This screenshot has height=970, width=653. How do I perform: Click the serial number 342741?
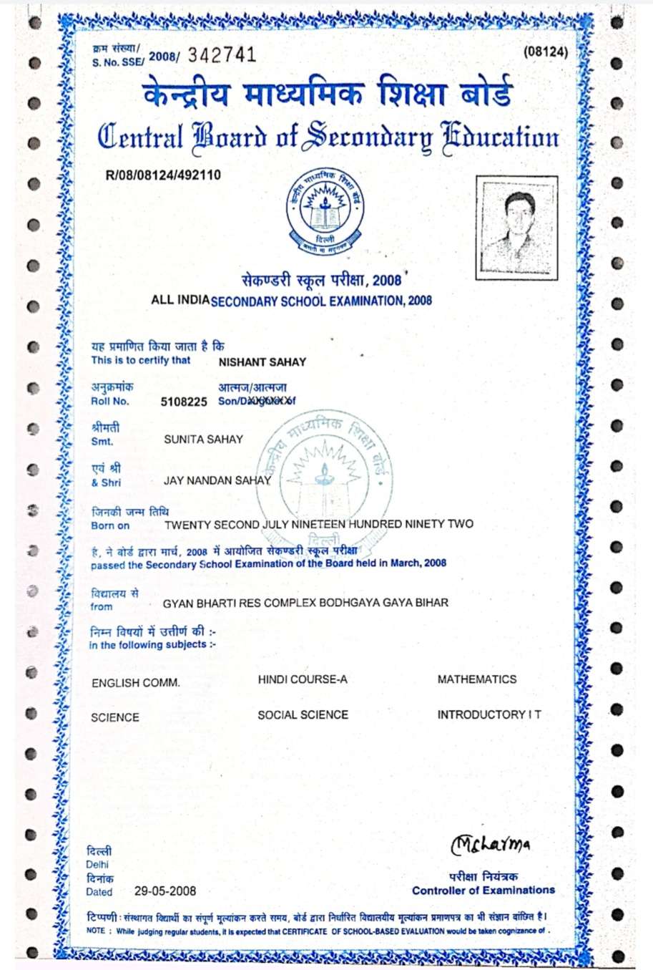(x=222, y=55)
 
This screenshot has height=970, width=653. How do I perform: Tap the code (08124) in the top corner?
(x=546, y=52)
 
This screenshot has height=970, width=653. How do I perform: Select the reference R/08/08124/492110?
(x=163, y=175)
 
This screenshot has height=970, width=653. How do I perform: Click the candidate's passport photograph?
(x=516, y=227)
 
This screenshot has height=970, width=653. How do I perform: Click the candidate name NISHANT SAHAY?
(x=262, y=362)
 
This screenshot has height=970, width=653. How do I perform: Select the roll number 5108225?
(x=184, y=402)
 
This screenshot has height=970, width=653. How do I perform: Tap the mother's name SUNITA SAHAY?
(x=203, y=440)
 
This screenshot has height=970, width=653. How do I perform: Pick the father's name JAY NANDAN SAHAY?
(x=217, y=480)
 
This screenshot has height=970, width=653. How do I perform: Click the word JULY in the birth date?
(x=275, y=524)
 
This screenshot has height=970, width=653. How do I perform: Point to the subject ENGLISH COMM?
(x=135, y=683)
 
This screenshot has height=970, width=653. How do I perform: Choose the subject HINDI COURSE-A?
(x=303, y=679)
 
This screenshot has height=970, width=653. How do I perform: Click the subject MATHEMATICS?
(x=476, y=679)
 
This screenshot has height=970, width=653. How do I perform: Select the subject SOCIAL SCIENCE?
(x=303, y=714)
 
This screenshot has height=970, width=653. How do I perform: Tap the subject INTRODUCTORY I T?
(x=489, y=714)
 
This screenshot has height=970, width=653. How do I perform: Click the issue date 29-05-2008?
(x=165, y=891)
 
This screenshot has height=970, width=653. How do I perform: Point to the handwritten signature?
(x=491, y=844)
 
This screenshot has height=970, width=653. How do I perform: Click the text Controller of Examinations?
(x=483, y=891)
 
